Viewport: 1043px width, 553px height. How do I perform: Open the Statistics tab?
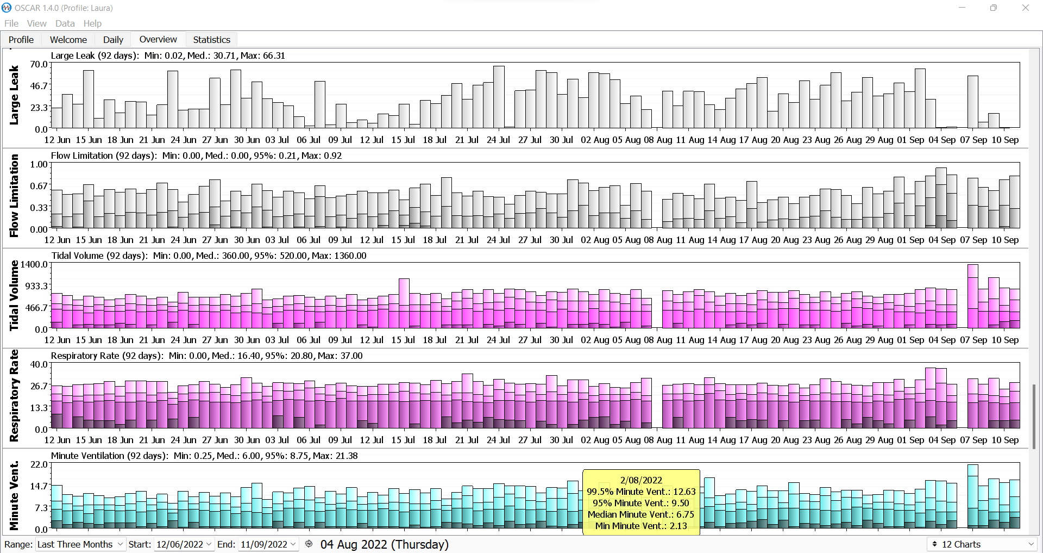tap(211, 40)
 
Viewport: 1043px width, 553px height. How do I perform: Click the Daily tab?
tap(113, 40)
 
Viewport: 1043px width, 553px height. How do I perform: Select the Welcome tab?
tap(68, 40)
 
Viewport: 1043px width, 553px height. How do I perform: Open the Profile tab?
tap(21, 40)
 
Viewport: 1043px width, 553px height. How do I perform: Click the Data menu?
tap(65, 23)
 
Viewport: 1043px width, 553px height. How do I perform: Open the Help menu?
tap(92, 23)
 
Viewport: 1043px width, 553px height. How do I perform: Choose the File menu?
tap(11, 23)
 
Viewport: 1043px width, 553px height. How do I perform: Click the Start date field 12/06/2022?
tap(184, 544)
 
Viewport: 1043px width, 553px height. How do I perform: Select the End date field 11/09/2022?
tap(268, 544)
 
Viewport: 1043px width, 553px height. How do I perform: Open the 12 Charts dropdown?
tap(982, 544)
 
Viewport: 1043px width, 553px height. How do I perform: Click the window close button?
tap(1026, 8)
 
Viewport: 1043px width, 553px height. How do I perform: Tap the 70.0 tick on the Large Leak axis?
tap(39, 64)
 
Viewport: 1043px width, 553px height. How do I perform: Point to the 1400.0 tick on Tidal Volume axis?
tap(34, 264)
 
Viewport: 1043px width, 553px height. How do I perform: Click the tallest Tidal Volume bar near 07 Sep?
tap(972, 296)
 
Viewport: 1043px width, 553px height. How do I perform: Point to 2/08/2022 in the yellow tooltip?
tap(641, 480)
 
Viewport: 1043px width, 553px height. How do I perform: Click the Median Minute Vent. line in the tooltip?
tap(641, 514)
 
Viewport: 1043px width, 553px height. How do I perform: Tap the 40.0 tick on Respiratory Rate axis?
tap(39, 364)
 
